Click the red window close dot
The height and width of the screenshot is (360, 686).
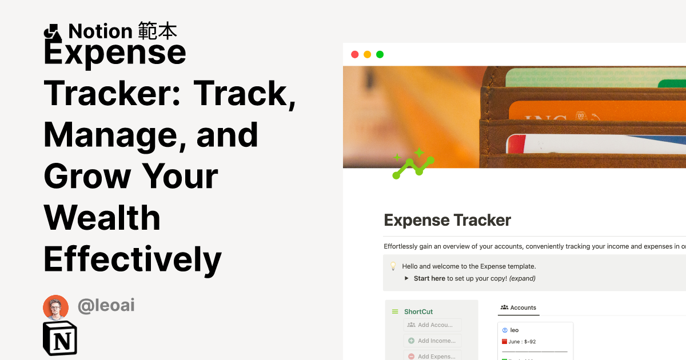[x=354, y=55]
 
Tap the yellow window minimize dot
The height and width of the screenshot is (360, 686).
[x=367, y=55]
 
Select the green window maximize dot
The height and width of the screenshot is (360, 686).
[x=380, y=55]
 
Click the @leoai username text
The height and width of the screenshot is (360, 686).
[x=106, y=306]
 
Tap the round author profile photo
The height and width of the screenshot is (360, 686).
[x=55, y=307]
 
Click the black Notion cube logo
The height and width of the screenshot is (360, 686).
[x=60, y=338]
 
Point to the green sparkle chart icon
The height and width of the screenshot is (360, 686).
[x=413, y=164]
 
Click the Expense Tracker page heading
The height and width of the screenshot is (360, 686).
[x=447, y=220]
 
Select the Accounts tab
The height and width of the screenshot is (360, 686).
[x=519, y=307]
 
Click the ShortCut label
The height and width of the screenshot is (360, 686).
[x=418, y=311]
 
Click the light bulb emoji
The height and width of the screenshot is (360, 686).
[x=393, y=266]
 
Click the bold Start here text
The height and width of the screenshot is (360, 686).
[x=429, y=278]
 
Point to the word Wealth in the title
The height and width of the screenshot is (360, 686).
[x=102, y=218]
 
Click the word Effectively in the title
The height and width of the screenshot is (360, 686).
[x=133, y=259]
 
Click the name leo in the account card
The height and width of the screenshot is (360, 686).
[x=514, y=330]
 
